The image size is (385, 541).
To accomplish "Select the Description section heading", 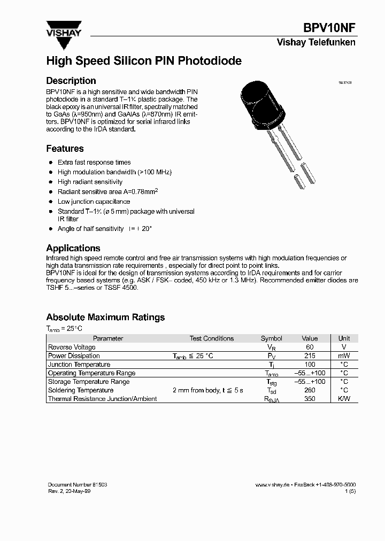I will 71,81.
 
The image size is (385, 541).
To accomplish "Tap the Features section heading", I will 65,149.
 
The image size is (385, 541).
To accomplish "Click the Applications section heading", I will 73,248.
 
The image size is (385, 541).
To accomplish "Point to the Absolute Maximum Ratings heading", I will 105,317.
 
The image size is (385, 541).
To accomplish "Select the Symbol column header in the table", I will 271,338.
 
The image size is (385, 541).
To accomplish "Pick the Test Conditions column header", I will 212,338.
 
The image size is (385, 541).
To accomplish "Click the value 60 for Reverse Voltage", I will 310,347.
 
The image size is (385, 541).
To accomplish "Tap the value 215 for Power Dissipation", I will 310,356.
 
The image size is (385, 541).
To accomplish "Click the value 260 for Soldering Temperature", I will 310,390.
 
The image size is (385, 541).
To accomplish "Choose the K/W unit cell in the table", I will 344,399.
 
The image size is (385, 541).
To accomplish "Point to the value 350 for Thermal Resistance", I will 310,399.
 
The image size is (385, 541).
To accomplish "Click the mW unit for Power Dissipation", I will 344,356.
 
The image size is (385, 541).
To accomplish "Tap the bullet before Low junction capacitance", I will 51,202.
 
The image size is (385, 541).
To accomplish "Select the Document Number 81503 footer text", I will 78,484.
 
